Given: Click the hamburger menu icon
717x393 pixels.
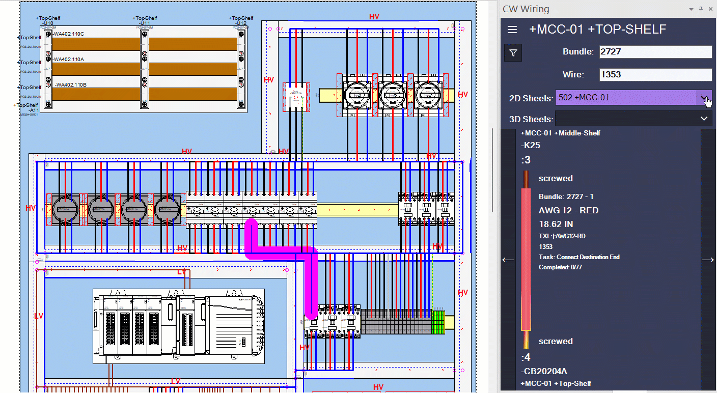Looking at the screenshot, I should point(512,30).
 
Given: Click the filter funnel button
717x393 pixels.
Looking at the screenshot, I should point(513,52).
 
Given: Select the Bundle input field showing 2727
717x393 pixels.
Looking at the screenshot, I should point(655,52).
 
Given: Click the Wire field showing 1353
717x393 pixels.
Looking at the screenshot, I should point(655,75).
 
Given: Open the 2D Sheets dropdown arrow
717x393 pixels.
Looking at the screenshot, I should point(704,97).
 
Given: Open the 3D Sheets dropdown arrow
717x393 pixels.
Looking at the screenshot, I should point(704,119).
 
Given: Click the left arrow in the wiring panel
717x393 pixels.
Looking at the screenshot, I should point(508,260).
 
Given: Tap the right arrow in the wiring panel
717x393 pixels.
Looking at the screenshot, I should point(708,260).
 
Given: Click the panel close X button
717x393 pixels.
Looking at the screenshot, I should point(710,9).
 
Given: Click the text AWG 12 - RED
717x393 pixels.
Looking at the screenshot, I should point(568,210).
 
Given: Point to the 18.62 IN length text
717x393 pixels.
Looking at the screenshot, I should point(556,223).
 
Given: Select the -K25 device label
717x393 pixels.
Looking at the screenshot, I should point(531,145).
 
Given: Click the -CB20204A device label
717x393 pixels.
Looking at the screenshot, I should point(544,371).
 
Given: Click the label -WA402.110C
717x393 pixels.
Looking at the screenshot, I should point(69,34).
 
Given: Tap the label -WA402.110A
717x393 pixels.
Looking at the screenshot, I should point(69,60).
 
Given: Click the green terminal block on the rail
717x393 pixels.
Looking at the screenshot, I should point(437,322).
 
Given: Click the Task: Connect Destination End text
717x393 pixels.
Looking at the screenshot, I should point(579,257).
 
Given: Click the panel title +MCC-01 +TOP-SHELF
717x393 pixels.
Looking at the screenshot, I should point(597,30).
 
